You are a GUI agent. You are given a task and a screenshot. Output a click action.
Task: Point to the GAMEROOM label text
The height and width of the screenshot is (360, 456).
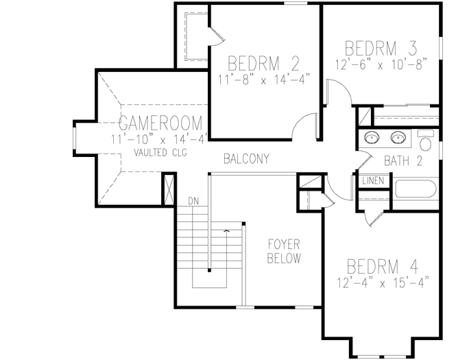pyautogui.click(x=161, y=123)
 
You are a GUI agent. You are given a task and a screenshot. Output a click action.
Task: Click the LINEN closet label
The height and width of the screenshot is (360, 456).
pyautogui.click(x=373, y=182)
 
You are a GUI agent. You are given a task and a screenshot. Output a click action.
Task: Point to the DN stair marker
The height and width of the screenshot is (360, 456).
pyautogui.click(x=193, y=202)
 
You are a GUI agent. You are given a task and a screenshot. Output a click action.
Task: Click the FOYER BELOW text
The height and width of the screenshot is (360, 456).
pyautogui.click(x=284, y=252)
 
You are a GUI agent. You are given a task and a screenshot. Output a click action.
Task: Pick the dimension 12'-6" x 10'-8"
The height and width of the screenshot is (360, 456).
pyautogui.click(x=382, y=63)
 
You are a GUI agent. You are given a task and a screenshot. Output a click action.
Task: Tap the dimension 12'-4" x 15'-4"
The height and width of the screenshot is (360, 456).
pyautogui.click(x=383, y=281)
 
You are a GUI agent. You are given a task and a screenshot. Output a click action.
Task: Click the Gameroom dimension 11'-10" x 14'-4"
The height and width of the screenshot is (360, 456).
pyautogui.click(x=159, y=139)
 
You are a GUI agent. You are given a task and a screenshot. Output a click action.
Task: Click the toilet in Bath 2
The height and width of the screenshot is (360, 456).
pyautogui.click(x=426, y=141)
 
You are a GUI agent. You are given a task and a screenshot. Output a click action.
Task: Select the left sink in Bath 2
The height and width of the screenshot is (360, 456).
pyautogui.click(x=372, y=137)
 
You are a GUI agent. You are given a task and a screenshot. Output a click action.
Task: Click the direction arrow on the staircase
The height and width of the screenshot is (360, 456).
pyautogui.click(x=226, y=232)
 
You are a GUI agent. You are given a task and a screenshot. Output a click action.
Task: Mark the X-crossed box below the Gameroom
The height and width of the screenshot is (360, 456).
pyautogui.click(x=168, y=187)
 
